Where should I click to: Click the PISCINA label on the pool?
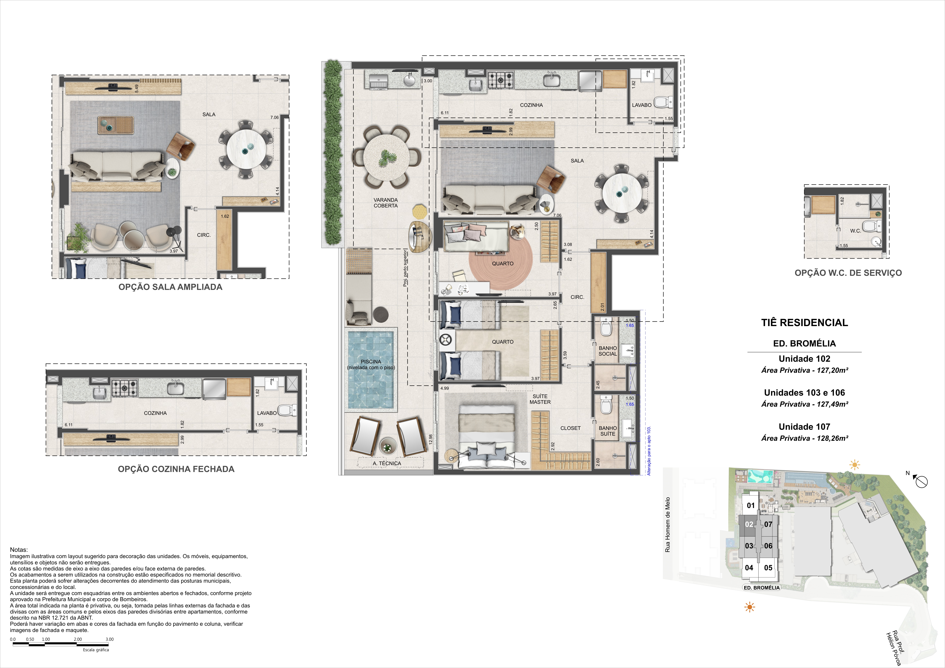click(x=371, y=361)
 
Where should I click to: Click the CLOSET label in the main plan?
click(x=570, y=428)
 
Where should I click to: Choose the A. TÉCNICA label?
click(x=387, y=463)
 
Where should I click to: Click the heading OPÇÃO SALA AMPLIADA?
click(x=170, y=287)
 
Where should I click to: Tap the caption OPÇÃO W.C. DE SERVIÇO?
click(x=848, y=273)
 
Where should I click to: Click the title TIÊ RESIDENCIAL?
click(x=805, y=323)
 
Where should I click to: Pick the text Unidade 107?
click(x=805, y=427)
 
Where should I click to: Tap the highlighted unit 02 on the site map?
click(x=749, y=524)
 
